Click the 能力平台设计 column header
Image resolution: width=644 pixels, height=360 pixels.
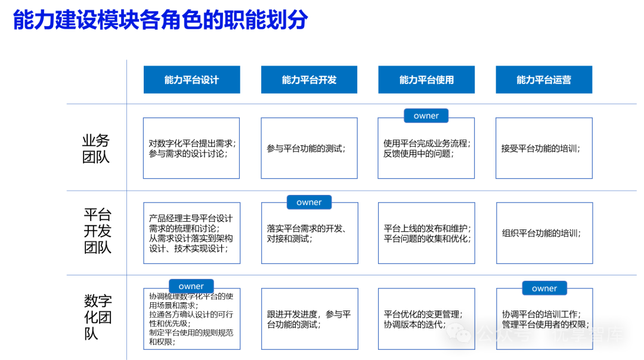[x=191, y=80]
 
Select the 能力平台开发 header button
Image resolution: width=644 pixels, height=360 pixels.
[x=309, y=80]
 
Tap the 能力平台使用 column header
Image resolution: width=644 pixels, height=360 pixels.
[x=426, y=80]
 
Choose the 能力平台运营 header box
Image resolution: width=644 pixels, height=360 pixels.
[x=544, y=80]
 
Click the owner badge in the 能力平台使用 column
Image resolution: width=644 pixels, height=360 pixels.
[x=426, y=116]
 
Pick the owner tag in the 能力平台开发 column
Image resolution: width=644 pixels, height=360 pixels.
[x=309, y=202]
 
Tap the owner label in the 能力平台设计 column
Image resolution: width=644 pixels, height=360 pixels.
[x=191, y=286]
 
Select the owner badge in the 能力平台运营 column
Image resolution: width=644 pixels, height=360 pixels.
[x=544, y=288]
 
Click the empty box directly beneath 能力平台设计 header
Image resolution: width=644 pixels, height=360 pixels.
[x=191, y=148]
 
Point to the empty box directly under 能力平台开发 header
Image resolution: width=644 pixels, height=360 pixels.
[x=309, y=148]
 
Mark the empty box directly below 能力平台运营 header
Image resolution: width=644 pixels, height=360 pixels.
[x=544, y=148]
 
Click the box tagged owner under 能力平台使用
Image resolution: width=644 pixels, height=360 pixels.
[x=426, y=152]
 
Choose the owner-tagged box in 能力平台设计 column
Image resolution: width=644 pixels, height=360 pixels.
[x=191, y=322]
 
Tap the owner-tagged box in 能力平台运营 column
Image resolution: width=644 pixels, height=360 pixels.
[x=544, y=322]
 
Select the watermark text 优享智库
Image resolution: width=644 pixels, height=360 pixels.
[x=587, y=334]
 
